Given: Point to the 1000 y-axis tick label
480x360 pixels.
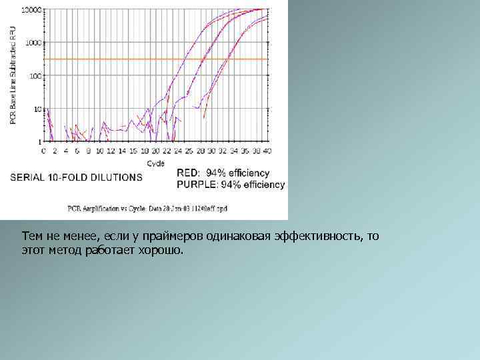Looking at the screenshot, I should point(33,43).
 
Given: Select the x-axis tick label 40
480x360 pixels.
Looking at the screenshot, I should point(267,151).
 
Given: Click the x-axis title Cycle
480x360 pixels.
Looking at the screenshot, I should point(155,163).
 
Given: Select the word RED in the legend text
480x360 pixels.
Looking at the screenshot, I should point(189,173).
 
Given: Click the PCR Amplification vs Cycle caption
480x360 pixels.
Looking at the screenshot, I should point(147,208).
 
